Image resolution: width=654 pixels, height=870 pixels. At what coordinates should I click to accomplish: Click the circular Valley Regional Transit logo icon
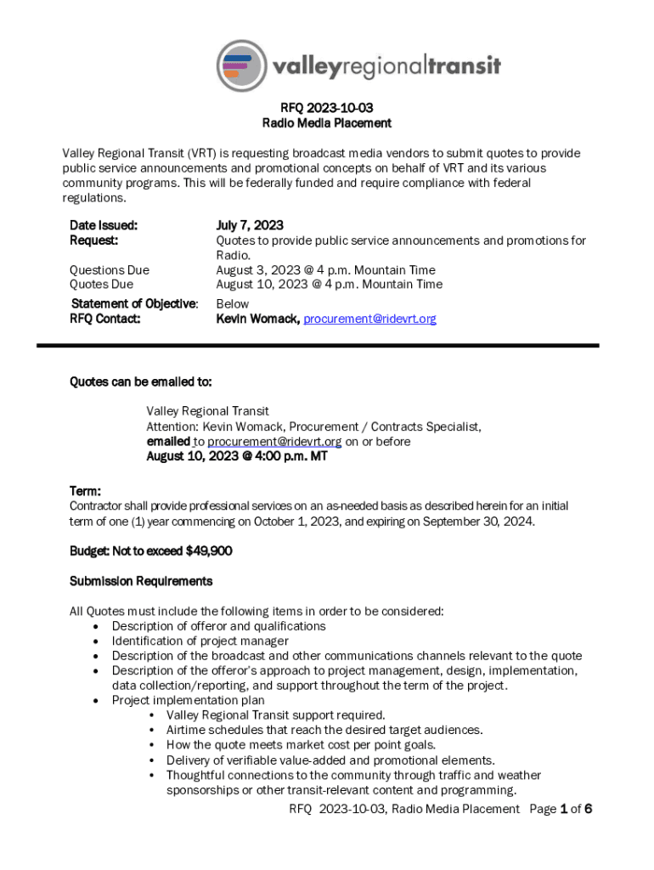tap(242, 65)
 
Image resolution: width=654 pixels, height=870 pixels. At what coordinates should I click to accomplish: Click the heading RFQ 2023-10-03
tap(327, 108)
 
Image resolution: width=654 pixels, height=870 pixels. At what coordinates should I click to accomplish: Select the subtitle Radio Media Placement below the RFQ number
tap(327, 123)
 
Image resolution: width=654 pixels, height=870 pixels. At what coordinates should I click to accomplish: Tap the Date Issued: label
tap(104, 225)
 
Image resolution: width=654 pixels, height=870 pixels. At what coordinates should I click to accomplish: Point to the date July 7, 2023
tap(250, 225)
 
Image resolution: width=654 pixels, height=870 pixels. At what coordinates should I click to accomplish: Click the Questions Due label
tap(109, 270)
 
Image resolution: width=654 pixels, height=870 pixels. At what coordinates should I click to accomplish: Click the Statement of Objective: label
tap(134, 303)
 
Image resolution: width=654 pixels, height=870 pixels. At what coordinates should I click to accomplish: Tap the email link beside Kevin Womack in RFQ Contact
tap(369, 319)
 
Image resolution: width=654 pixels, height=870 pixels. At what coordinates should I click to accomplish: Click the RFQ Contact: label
tap(104, 319)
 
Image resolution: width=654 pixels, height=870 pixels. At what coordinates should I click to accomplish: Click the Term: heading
tap(85, 491)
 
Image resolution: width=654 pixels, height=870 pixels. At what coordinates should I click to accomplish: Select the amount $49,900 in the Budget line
tap(208, 551)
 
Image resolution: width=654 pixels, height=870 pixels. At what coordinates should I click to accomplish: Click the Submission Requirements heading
tap(140, 581)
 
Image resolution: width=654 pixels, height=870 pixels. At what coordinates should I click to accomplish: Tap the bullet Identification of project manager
tap(200, 641)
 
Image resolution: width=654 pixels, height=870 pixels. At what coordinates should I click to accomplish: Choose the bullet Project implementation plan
tap(188, 701)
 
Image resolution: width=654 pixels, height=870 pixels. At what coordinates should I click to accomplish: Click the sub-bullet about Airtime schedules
tap(324, 731)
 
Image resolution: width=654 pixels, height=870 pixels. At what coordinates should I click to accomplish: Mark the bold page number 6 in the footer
tap(587, 809)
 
